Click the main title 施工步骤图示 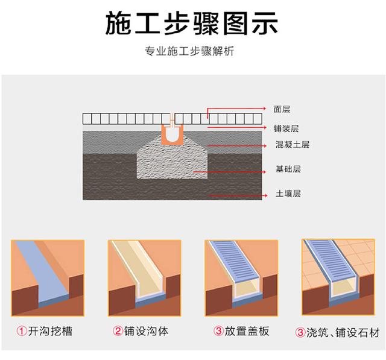(x=192, y=24)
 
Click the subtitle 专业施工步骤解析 (x=189, y=51)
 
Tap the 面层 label (x=282, y=109)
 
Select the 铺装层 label (x=286, y=128)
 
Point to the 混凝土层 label (x=292, y=145)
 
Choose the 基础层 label (x=288, y=169)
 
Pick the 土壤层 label (x=288, y=194)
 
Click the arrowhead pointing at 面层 (x=264, y=109)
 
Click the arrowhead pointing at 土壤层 (x=265, y=195)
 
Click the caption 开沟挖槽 (x=50, y=331)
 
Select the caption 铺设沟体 (x=146, y=331)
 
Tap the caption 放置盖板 (x=247, y=331)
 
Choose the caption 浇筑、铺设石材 (x=343, y=333)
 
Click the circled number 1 (x=22, y=331)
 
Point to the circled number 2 (x=118, y=331)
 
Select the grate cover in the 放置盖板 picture (x=233, y=261)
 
